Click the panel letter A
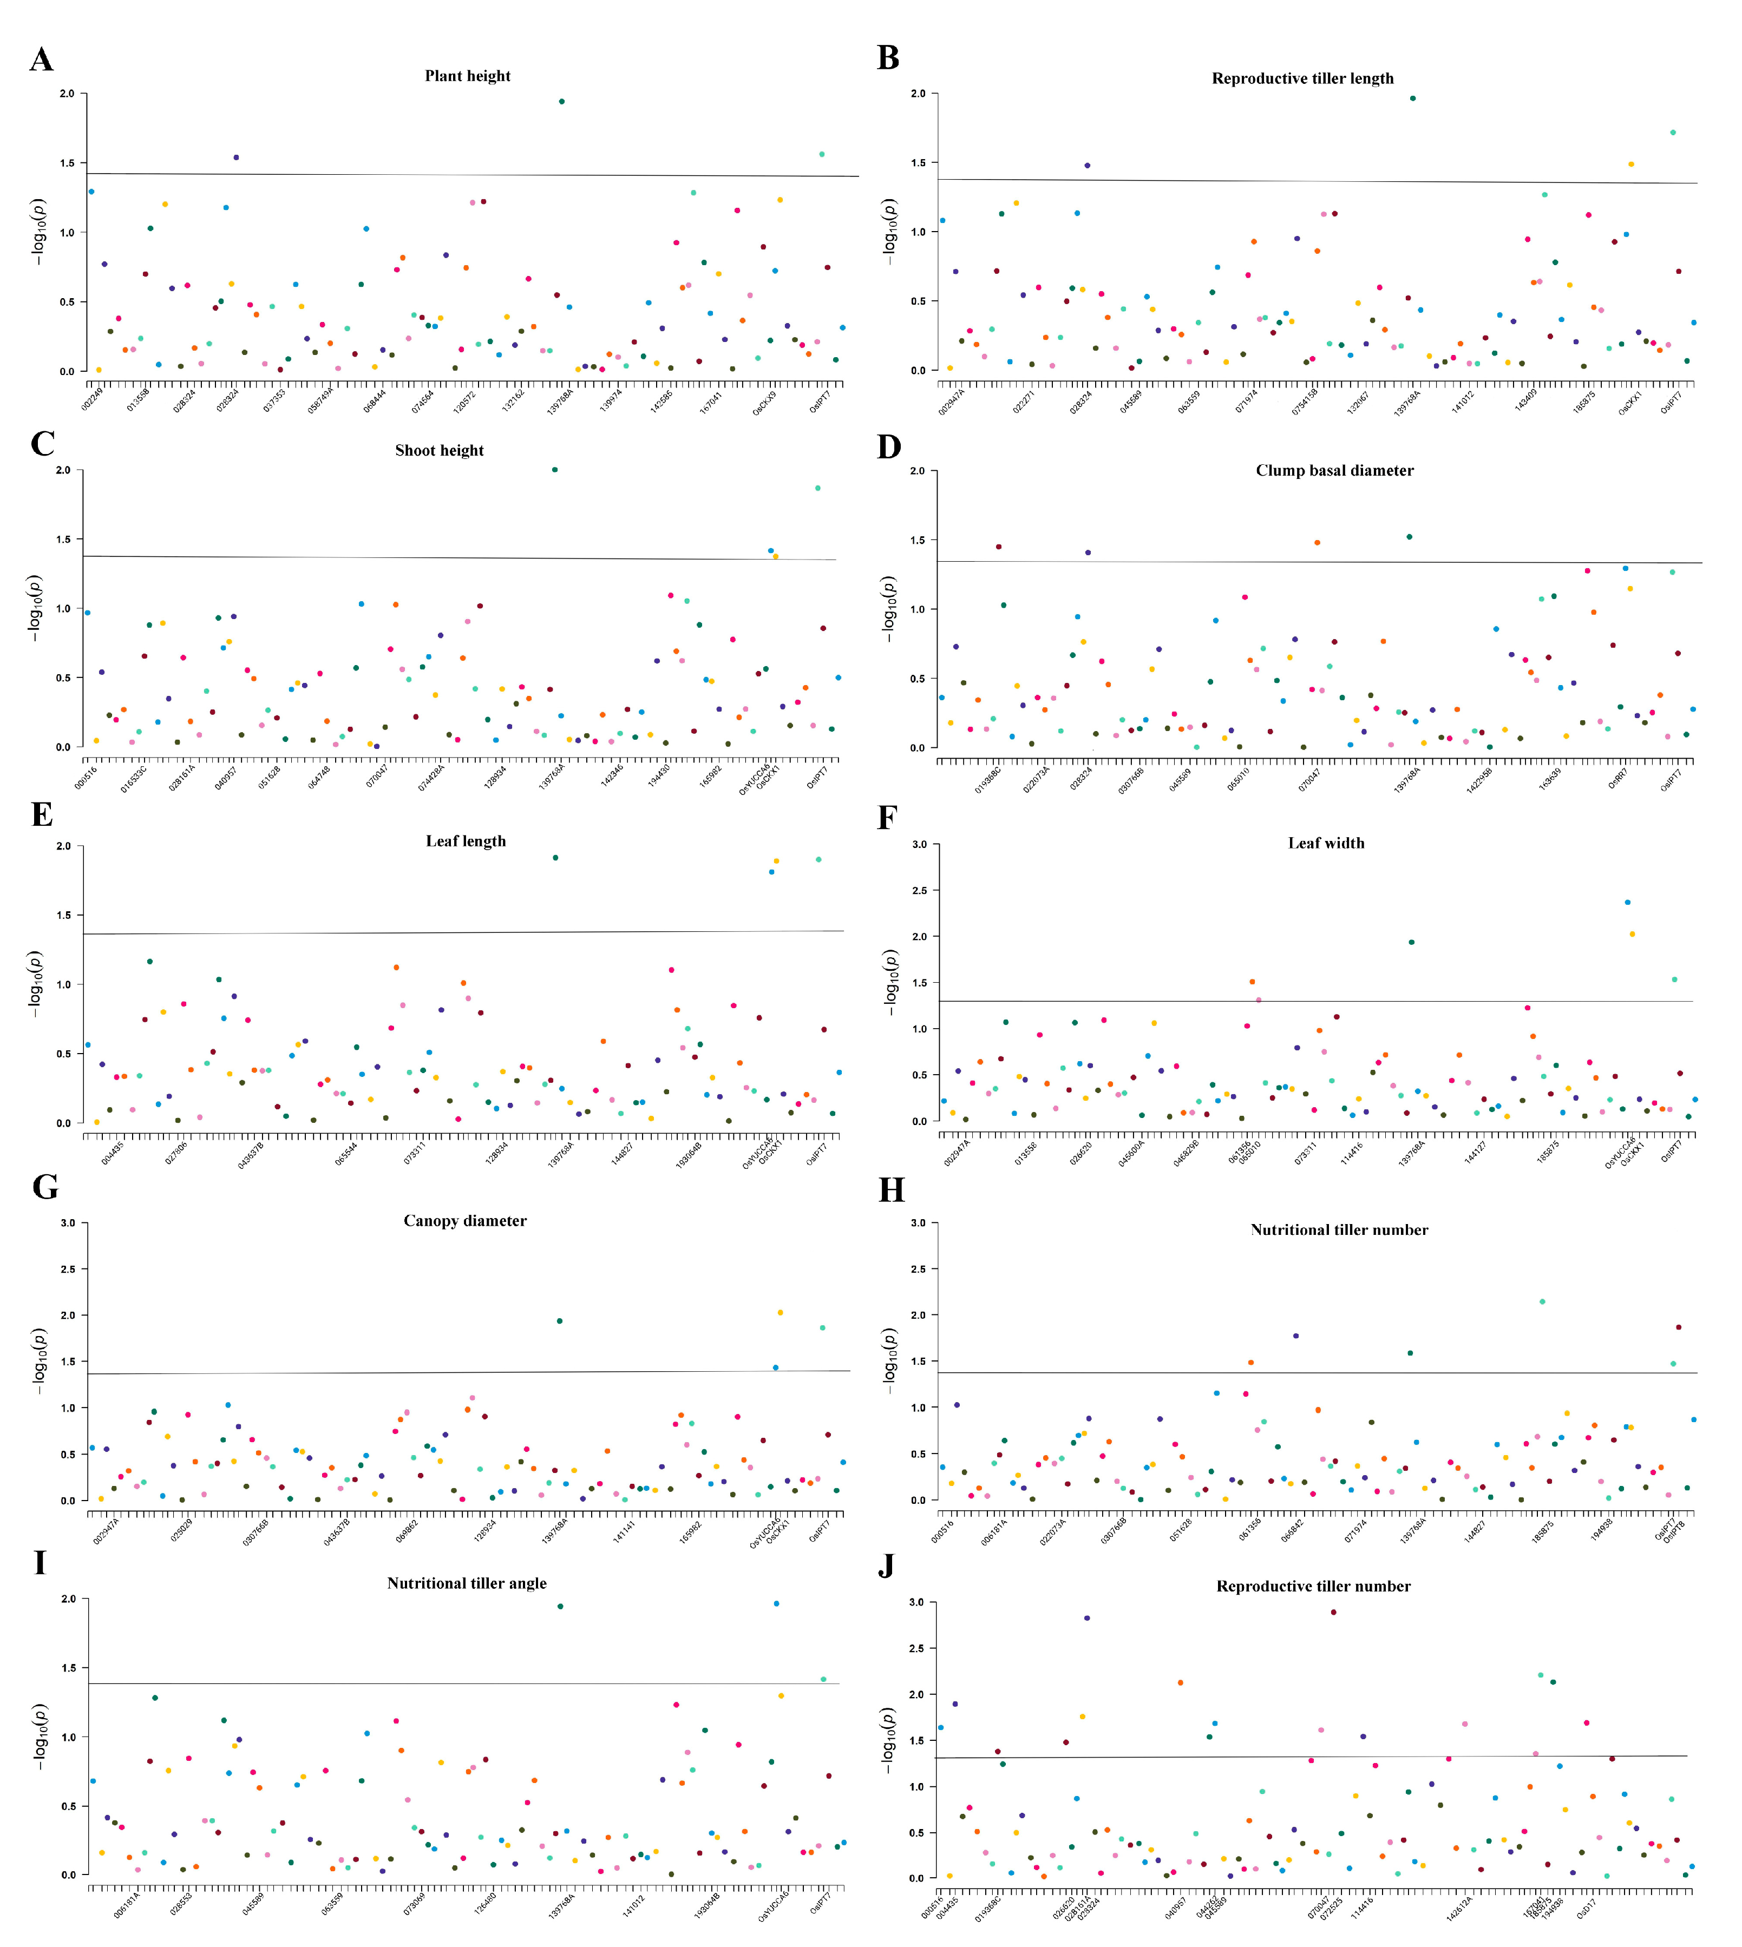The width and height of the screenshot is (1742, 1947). pos(41,60)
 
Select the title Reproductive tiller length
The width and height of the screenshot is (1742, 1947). pos(1302,78)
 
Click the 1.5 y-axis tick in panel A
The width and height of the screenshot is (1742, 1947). pos(67,163)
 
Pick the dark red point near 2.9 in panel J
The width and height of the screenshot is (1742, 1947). pos(1333,1612)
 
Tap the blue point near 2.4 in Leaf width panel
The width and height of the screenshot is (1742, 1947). pos(1627,902)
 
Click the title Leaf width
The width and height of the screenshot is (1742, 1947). pos(1326,843)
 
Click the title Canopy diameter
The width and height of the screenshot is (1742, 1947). pos(464,1221)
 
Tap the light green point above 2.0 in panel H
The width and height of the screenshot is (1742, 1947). pos(1542,1301)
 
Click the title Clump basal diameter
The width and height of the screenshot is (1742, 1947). pos(1334,471)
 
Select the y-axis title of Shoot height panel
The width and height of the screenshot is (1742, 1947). pos(36,608)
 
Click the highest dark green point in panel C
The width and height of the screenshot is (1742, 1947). pos(554,470)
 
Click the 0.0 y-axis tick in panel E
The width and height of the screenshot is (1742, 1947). pos(64,1123)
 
